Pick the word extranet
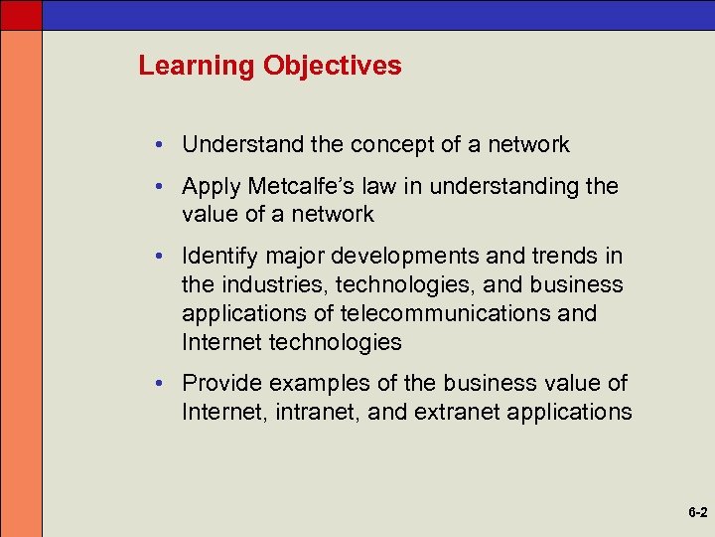(455, 412)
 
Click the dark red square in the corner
(21, 14)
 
